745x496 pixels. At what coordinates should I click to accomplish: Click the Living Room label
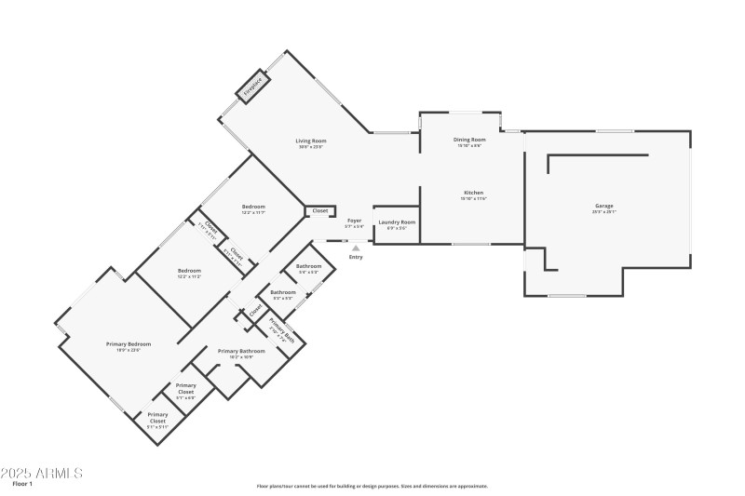(x=312, y=141)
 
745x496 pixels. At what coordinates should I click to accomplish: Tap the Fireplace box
(x=253, y=87)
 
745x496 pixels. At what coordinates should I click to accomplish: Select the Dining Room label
(x=469, y=140)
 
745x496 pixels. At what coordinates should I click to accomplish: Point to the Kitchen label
(x=472, y=193)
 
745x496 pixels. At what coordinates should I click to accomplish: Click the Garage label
(x=604, y=206)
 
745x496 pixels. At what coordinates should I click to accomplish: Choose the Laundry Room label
(x=396, y=222)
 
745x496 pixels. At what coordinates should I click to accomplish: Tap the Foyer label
(x=354, y=221)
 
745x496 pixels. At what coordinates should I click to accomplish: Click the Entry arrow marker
(x=355, y=248)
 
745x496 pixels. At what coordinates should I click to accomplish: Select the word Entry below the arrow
(x=355, y=257)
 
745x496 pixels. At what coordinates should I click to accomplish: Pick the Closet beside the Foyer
(x=320, y=211)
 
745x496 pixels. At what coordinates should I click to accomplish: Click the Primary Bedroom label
(x=128, y=343)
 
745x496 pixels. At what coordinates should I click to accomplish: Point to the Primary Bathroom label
(x=241, y=351)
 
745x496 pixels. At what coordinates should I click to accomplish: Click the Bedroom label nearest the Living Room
(x=253, y=206)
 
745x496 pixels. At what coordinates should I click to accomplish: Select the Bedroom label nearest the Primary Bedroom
(x=190, y=271)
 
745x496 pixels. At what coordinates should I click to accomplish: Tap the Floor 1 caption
(x=22, y=485)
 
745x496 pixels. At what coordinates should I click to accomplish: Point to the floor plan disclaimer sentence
(x=372, y=486)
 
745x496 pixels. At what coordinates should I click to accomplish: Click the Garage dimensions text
(x=604, y=213)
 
